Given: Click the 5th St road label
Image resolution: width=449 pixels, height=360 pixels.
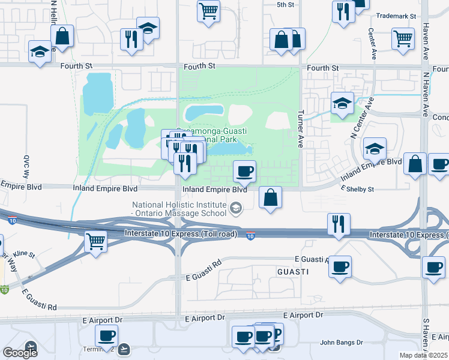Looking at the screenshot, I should [x=285, y=5].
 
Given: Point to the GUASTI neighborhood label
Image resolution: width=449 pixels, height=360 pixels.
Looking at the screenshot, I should [x=293, y=272].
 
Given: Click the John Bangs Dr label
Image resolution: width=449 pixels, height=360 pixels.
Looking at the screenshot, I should [x=342, y=343].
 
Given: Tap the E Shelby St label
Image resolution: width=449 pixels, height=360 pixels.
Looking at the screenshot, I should [x=357, y=189].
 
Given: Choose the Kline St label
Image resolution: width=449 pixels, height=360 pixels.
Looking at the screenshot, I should [x=25, y=254].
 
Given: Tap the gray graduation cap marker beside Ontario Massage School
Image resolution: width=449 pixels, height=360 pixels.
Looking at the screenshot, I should [x=236, y=209].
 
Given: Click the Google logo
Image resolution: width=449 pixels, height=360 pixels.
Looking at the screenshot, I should [x=20, y=352].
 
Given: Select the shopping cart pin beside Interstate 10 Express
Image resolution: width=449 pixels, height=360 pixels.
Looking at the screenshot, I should [x=96, y=241].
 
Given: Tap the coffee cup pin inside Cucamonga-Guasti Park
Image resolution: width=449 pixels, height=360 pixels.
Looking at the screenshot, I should [x=244, y=171].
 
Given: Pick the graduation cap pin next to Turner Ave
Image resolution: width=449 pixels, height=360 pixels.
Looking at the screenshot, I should [x=342, y=103].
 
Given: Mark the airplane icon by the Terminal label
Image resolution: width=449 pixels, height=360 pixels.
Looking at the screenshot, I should [x=124, y=348].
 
